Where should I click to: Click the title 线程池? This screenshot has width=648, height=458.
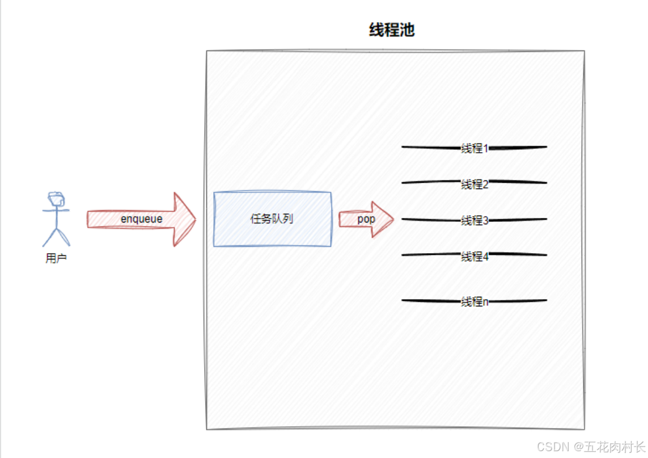[x=392, y=30]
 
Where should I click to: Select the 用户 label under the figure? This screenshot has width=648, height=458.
[x=56, y=259]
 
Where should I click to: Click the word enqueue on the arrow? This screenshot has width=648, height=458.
[x=141, y=219]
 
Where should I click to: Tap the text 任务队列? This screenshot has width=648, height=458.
[x=272, y=219]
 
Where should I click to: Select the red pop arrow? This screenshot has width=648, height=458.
[x=366, y=219]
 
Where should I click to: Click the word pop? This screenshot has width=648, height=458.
[x=366, y=219]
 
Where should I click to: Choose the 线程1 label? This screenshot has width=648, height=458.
[x=475, y=148]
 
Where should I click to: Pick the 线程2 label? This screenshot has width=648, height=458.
[x=475, y=184]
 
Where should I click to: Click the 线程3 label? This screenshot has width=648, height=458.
[x=475, y=220]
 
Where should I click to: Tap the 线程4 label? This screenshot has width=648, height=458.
[x=475, y=256]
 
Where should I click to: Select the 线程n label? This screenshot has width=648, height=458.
[x=475, y=301]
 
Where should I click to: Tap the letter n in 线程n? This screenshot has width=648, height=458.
[x=485, y=302]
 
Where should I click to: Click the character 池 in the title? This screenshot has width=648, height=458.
[x=407, y=30]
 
